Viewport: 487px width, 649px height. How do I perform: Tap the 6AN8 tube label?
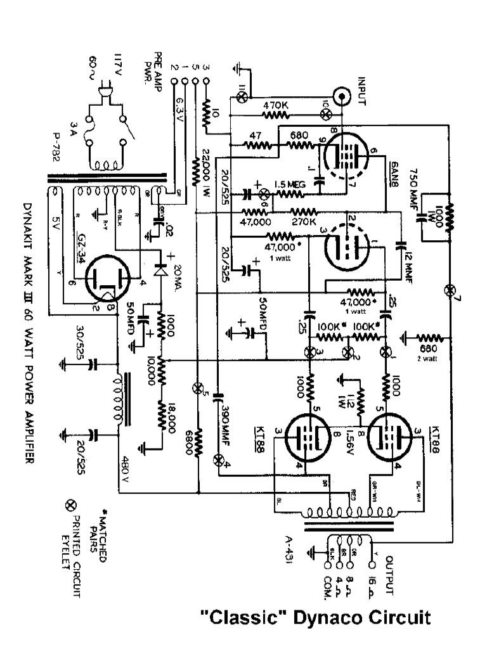pos(391,170)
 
